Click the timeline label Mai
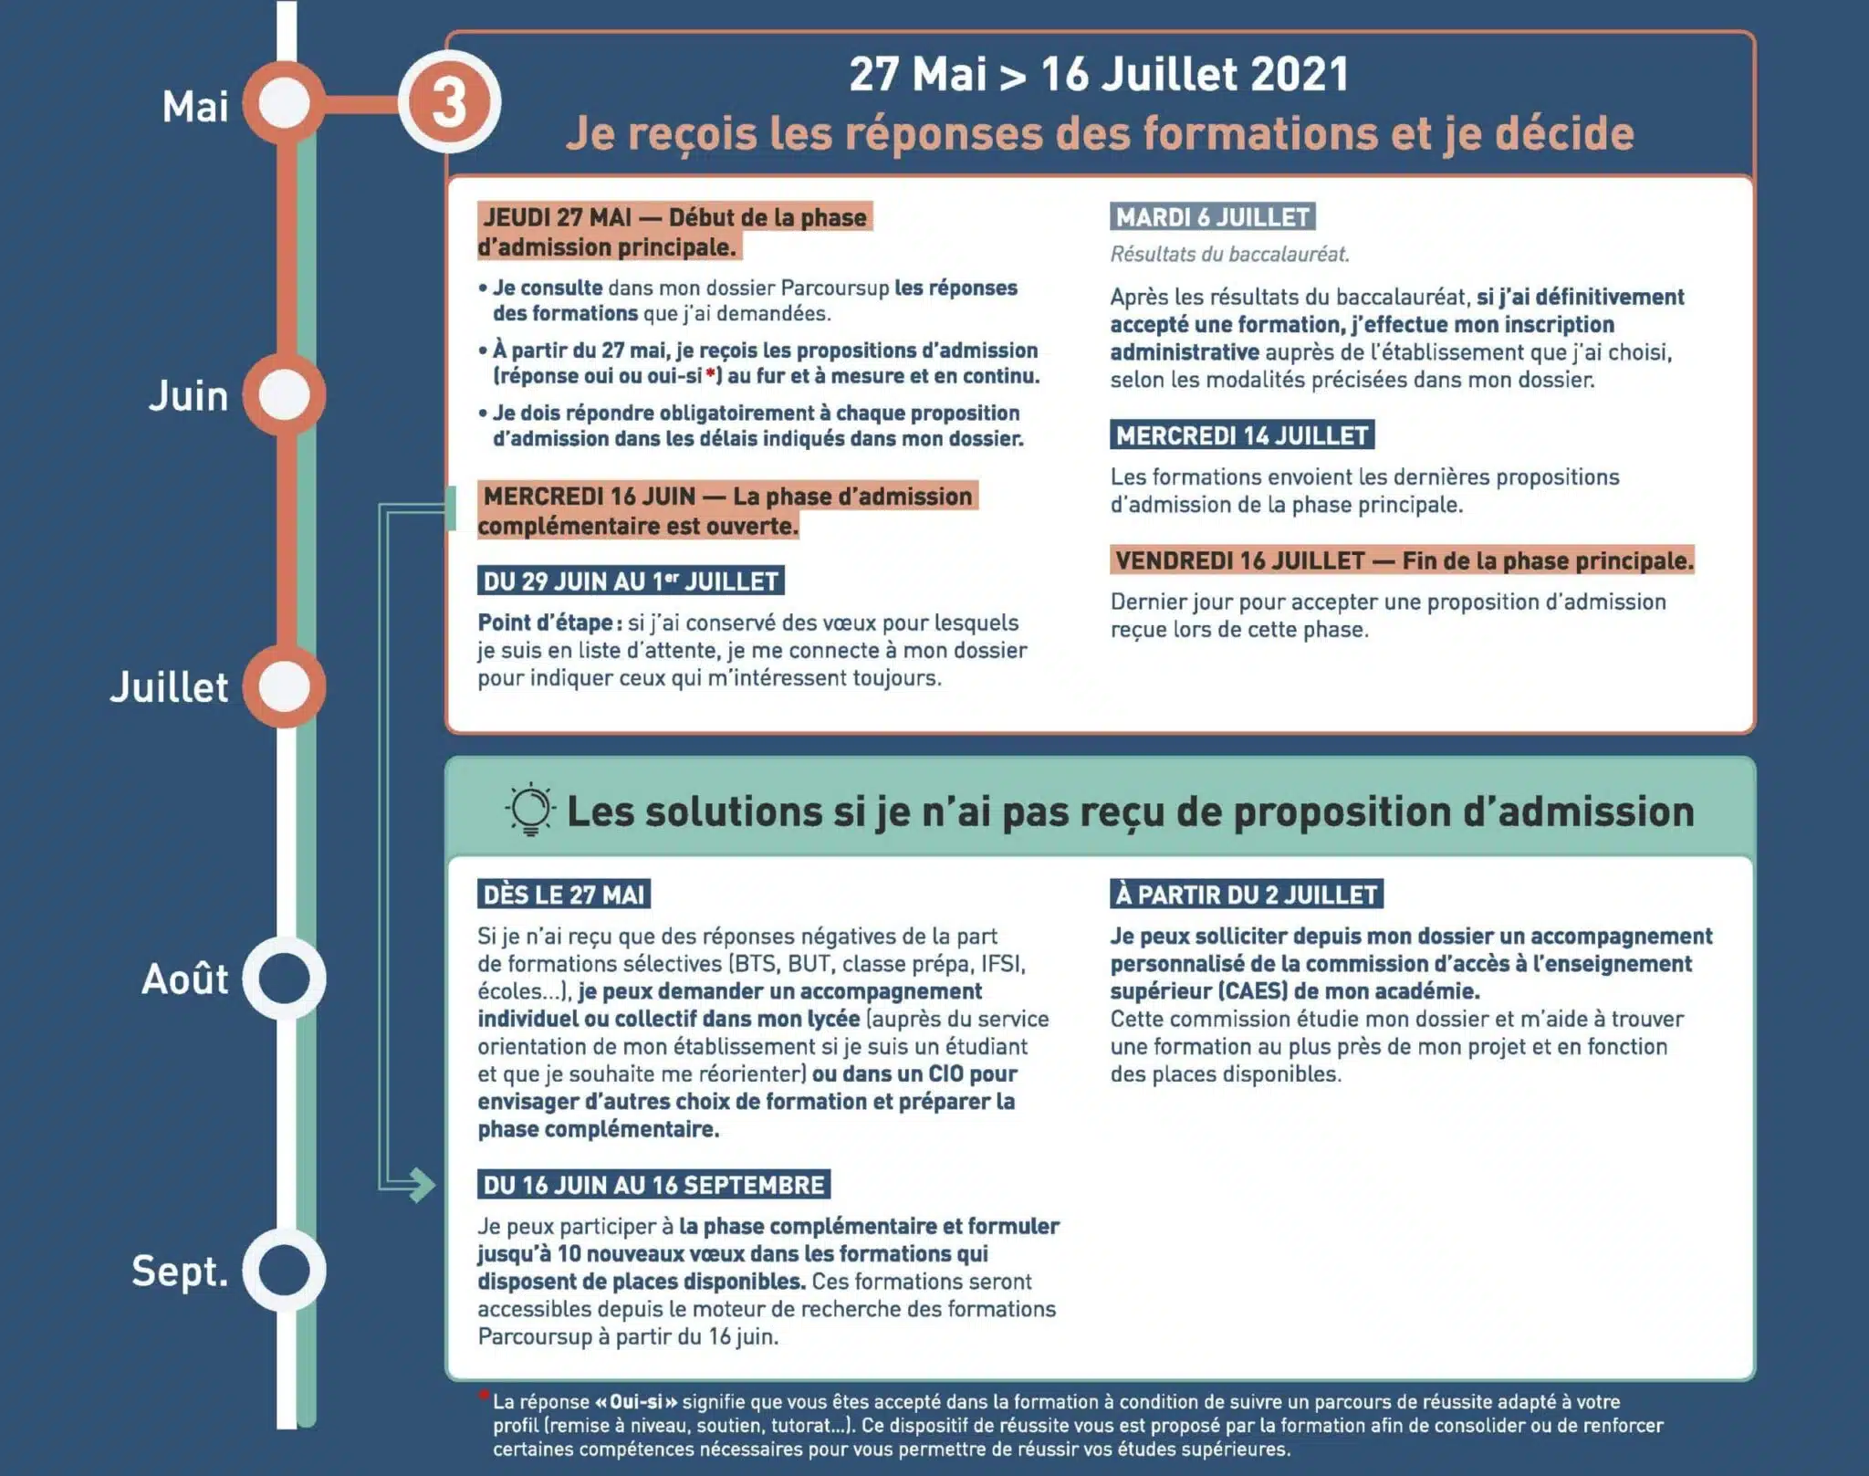click(x=195, y=107)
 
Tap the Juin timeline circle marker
click(x=285, y=395)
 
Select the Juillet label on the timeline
click(x=170, y=687)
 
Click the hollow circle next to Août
click(x=285, y=979)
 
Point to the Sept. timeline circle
click(x=285, y=1270)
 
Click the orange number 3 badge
click(x=449, y=102)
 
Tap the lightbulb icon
click(x=529, y=810)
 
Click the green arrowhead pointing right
click(x=422, y=1185)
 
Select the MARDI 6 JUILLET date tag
click(x=1213, y=217)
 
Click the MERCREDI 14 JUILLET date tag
click(x=1242, y=435)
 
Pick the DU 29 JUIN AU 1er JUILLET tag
click(x=631, y=581)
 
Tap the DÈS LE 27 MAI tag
click(x=564, y=895)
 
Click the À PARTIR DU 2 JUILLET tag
click(x=1247, y=895)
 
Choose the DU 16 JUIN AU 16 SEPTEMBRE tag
click(x=653, y=1185)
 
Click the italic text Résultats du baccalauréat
click(x=1229, y=255)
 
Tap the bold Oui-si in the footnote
click(x=637, y=1401)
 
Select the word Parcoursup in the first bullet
click(x=834, y=288)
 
